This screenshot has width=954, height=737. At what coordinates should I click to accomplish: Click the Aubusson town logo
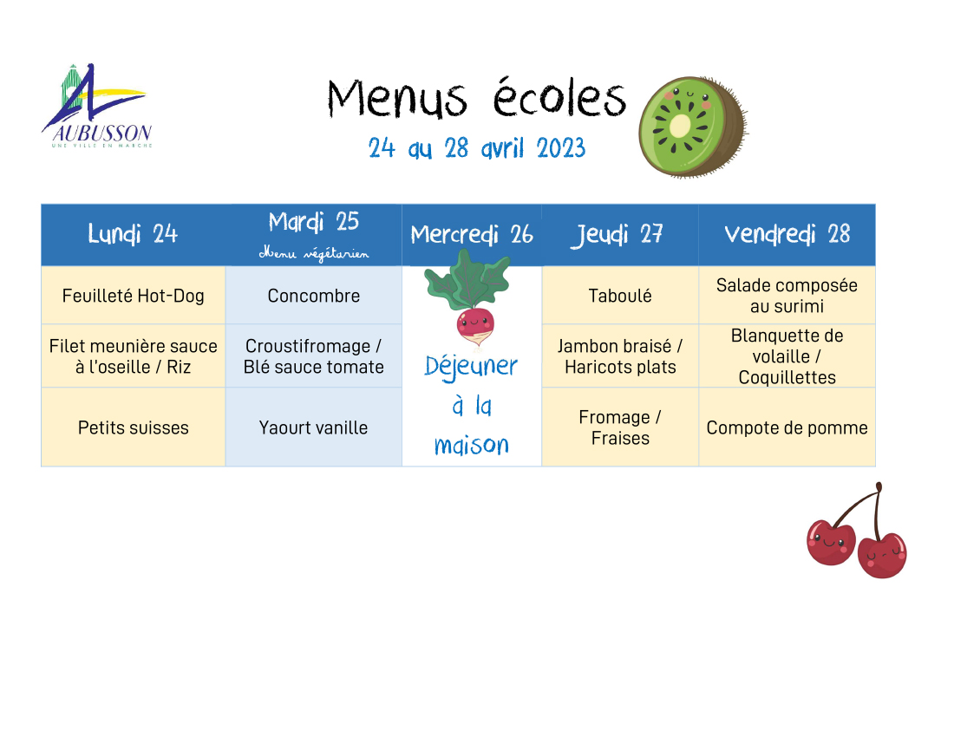[97, 105]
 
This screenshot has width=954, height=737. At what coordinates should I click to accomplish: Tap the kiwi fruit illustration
[693, 127]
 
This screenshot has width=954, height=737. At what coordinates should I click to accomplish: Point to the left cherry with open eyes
[831, 541]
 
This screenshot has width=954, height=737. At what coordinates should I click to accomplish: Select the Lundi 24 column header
[133, 234]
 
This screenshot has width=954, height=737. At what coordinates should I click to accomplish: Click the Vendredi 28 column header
[787, 234]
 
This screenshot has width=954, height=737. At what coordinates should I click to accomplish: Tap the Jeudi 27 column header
[620, 234]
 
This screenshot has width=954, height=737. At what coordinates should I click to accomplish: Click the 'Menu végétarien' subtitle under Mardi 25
[314, 253]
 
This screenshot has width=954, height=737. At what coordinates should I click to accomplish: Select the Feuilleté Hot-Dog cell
[134, 295]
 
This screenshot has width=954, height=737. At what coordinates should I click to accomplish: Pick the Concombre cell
[314, 295]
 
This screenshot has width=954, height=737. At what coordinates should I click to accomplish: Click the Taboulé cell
[620, 295]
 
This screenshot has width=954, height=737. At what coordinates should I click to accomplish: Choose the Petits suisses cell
[134, 427]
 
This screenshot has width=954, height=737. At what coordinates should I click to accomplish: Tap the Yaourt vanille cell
[314, 427]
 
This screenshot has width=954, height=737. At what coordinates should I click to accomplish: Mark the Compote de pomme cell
[787, 427]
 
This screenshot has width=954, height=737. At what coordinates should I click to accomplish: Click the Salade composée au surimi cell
[787, 295]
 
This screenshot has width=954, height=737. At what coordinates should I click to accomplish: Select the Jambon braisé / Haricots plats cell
[620, 355]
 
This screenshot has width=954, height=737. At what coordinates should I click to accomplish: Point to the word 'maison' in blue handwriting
[472, 445]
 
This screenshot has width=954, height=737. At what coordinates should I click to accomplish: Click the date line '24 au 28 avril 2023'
[477, 147]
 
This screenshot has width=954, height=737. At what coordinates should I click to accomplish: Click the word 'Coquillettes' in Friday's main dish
[787, 377]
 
